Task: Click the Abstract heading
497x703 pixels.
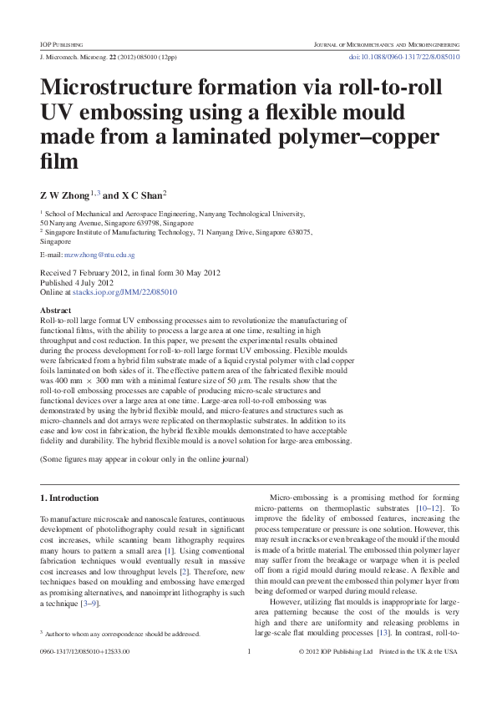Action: pos(56,310)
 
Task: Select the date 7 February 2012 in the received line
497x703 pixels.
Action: pos(102,273)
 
